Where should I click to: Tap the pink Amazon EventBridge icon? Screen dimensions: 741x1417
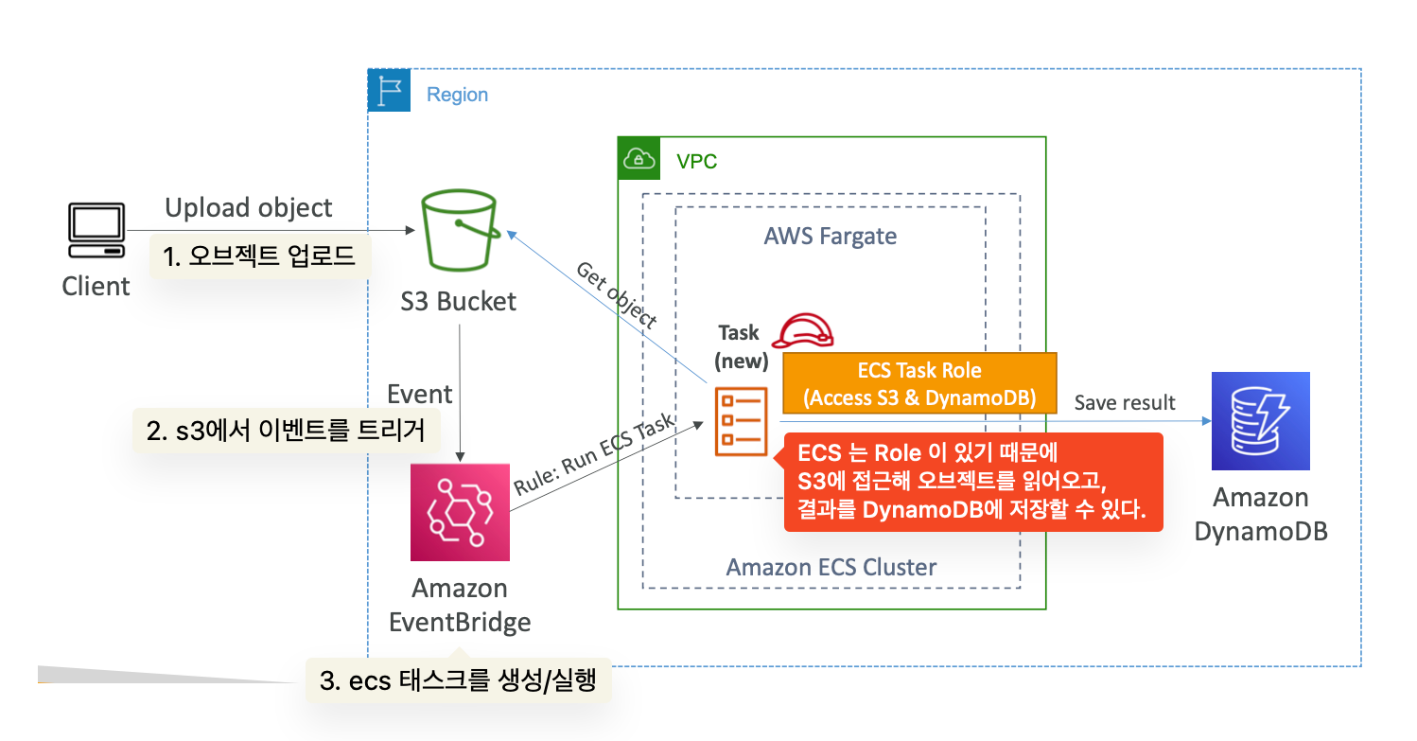point(460,511)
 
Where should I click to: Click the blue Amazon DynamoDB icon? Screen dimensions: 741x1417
point(1260,421)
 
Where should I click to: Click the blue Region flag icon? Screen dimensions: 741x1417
point(389,91)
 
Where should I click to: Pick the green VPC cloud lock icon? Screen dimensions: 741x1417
point(639,158)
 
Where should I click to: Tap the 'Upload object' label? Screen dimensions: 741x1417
point(249,208)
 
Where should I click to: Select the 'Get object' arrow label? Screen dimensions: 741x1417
point(616,294)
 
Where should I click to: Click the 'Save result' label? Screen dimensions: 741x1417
point(1125,402)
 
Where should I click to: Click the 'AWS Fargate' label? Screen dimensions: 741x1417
point(830,236)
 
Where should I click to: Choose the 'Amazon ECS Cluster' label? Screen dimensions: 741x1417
point(831,568)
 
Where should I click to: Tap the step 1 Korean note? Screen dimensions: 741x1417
point(258,256)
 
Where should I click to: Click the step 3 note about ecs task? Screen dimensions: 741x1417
point(458,680)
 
